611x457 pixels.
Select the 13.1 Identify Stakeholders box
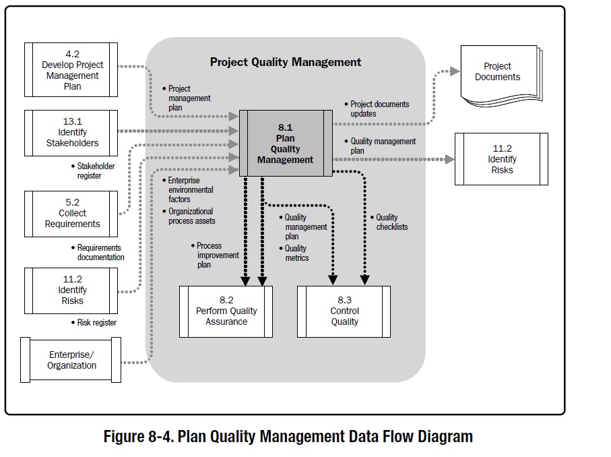click(x=71, y=133)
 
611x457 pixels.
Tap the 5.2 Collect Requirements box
click(x=71, y=213)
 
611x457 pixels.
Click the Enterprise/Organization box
click(x=71, y=360)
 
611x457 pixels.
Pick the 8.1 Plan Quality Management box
click(x=286, y=144)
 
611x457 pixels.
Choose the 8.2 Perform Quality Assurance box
click(x=226, y=311)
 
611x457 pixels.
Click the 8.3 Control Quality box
click(x=344, y=311)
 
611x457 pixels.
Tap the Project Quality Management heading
click(x=286, y=62)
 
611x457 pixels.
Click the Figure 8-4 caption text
click(x=288, y=436)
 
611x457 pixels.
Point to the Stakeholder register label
click(x=95, y=171)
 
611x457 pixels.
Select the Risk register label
click(x=96, y=323)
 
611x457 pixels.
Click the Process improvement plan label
click(x=217, y=255)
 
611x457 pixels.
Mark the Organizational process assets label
click(x=191, y=216)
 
